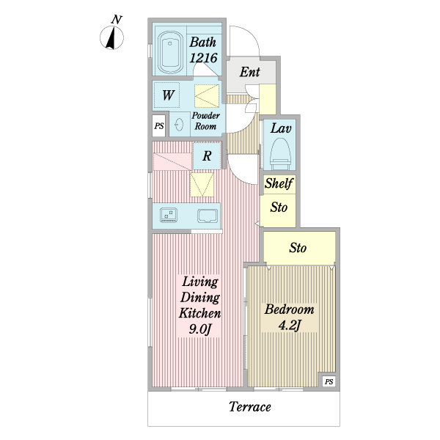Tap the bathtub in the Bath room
pyautogui.click(x=170, y=53)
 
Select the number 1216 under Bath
pyautogui.click(x=203, y=58)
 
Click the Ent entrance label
pyautogui.click(x=250, y=72)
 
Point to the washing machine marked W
pyautogui.click(x=166, y=95)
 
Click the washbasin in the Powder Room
pyautogui.click(x=179, y=124)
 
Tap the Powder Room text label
pyautogui.click(x=205, y=121)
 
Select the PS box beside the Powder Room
pyautogui.click(x=159, y=126)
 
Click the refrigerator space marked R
pyautogui.click(x=207, y=155)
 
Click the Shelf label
pyautogui.click(x=279, y=183)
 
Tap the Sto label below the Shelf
pyautogui.click(x=279, y=208)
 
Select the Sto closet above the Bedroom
pyautogui.click(x=299, y=248)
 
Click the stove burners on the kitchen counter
pyautogui.click(x=169, y=215)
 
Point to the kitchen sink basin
pyautogui.click(x=208, y=216)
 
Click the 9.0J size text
pyautogui.click(x=199, y=329)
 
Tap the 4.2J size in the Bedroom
pyautogui.click(x=290, y=325)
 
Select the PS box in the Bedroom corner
pyautogui.click(x=329, y=381)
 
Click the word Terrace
pyautogui.click(x=250, y=406)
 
